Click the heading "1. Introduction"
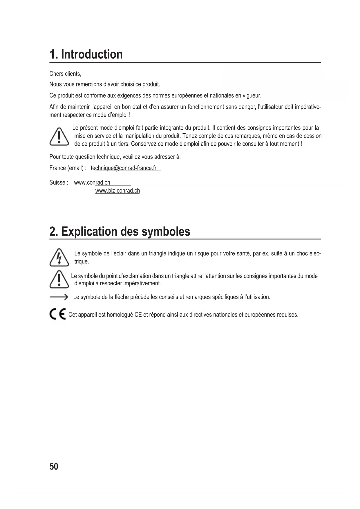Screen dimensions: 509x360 [86, 55]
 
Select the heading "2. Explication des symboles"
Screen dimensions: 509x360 [120, 232]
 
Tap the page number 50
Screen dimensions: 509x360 [54, 466]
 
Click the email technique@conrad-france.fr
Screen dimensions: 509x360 [124, 168]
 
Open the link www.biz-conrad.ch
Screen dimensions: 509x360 [117, 191]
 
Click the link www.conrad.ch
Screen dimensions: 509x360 [92, 183]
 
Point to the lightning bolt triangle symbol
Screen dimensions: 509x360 [59, 257]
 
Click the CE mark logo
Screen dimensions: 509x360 [58, 314]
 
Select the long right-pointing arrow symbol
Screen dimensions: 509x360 [59, 297]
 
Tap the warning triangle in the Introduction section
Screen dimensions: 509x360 [59, 136]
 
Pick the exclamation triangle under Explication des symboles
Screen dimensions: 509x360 [59, 279]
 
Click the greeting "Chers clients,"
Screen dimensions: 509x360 [65, 74]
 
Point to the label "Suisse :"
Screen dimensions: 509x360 [59, 183]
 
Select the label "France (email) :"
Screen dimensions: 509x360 [68, 168]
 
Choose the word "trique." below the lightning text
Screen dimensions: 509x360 [82, 261]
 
